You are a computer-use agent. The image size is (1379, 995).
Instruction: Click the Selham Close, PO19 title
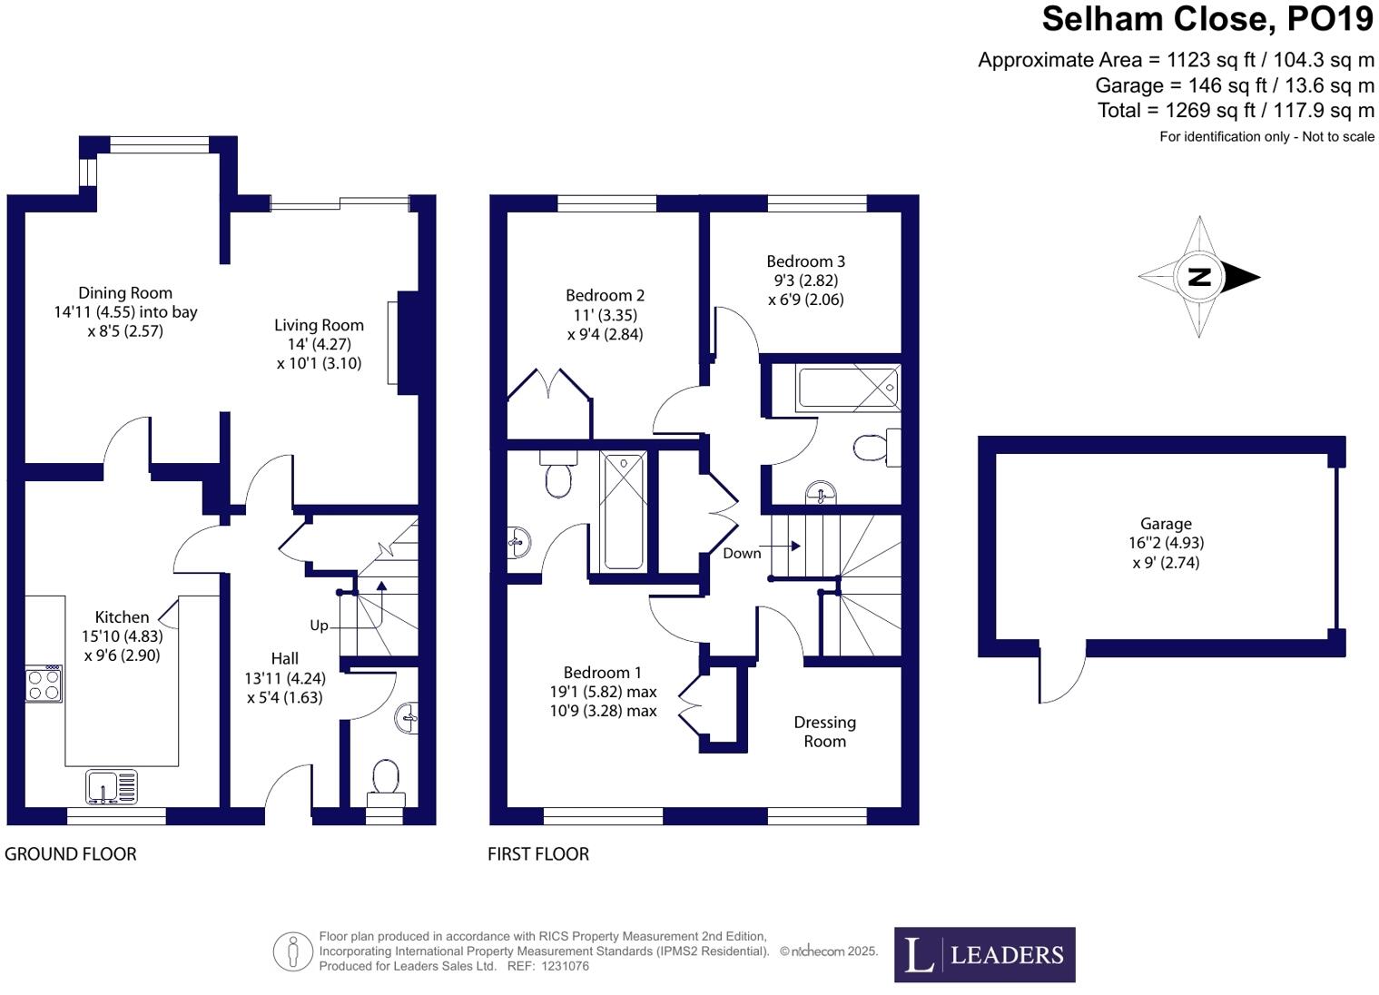1207,19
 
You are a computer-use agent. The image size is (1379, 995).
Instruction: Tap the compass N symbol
1199,277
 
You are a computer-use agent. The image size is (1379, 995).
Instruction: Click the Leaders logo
984,954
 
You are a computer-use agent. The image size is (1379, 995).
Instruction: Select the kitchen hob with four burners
44,685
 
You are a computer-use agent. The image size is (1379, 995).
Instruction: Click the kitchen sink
112,786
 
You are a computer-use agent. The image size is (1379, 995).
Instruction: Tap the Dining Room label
125,292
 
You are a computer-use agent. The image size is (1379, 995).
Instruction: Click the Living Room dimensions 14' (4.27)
319,344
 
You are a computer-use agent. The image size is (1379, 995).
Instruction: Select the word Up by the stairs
319,626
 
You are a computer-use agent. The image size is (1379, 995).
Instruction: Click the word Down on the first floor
742,553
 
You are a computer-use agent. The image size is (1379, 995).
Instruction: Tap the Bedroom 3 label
805,261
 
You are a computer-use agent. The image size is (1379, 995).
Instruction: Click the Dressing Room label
824,732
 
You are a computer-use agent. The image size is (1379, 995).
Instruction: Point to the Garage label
1166,524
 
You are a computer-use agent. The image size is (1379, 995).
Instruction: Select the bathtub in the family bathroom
848,389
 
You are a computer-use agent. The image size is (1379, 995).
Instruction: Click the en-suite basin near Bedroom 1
519,543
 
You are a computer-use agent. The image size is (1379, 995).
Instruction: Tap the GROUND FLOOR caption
71,854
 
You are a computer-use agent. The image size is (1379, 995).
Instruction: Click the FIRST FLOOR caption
538,854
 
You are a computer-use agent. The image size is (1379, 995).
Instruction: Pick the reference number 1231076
565,966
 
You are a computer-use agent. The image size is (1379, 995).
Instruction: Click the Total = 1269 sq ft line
1236,111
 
